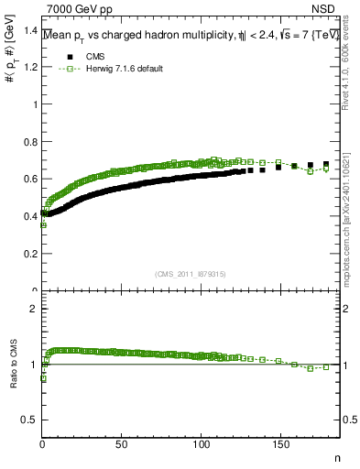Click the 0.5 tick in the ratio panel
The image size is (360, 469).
(29, 420)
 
